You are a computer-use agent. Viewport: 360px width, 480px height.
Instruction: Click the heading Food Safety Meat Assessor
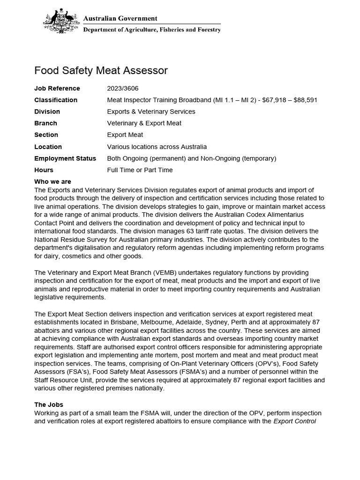(x=101, y=71)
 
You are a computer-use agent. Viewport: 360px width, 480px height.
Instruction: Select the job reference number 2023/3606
(x=123, y=88)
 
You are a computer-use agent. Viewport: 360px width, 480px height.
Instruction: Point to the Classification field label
(x=56, y=100)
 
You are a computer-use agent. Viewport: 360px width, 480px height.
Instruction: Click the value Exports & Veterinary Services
(x=151, y=112)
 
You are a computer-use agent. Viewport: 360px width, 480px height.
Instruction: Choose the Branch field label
(x=45, y=123)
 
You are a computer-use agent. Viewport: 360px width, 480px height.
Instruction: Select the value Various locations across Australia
(x=157, y=147)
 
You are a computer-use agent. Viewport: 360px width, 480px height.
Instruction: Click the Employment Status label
(x=65, y=158)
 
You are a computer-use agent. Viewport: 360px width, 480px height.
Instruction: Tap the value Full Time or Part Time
(x=140, y=170)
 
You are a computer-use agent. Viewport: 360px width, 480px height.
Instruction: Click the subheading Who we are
(x=52, y=182)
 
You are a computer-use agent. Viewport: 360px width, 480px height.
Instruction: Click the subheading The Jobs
(x=49, y=405)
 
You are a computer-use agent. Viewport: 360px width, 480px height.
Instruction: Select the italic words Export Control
(x=294, y=421)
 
